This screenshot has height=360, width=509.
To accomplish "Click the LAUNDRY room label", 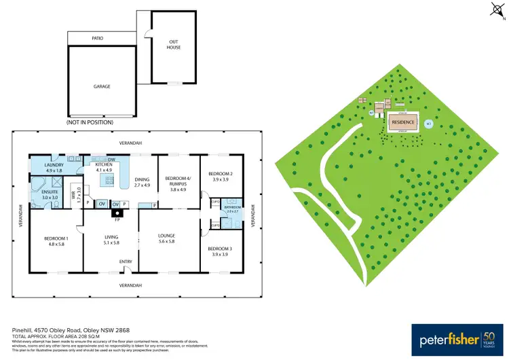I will click(x=54, y=165).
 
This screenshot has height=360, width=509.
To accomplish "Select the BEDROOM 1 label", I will click(x=56, y=238).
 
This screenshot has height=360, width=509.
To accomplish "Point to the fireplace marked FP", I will click(x=117, y=213).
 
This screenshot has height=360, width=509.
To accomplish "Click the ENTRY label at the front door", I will click(x=126, y=262).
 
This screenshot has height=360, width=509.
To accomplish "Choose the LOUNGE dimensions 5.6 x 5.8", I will click(x=167, y=242).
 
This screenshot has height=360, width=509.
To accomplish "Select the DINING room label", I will click(x=142, y=180).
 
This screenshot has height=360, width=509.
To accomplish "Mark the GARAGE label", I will click(x=101, y=86).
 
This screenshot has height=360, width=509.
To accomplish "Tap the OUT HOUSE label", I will click(x=174, y=44).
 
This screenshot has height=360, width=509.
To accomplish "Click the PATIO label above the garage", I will click(x=98, y=39).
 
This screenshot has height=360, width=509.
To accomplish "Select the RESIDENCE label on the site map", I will click(x=403, y=122).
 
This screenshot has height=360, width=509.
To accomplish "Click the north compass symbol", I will click(x=494, y=9).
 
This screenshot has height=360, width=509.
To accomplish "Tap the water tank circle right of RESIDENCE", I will click(x=428, y=124).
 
